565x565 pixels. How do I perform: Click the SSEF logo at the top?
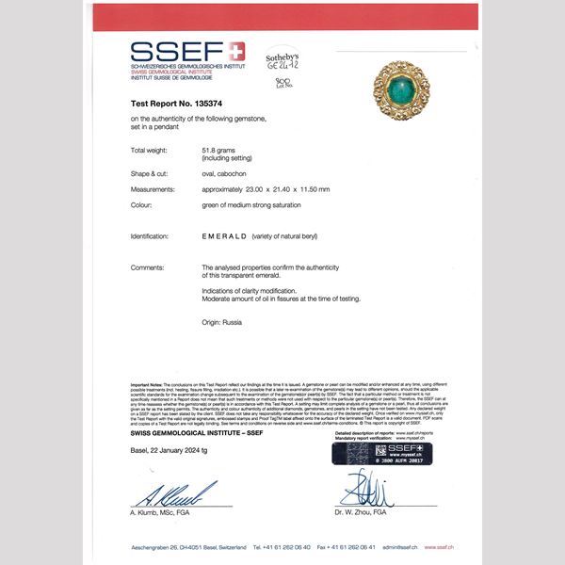(186, 52)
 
